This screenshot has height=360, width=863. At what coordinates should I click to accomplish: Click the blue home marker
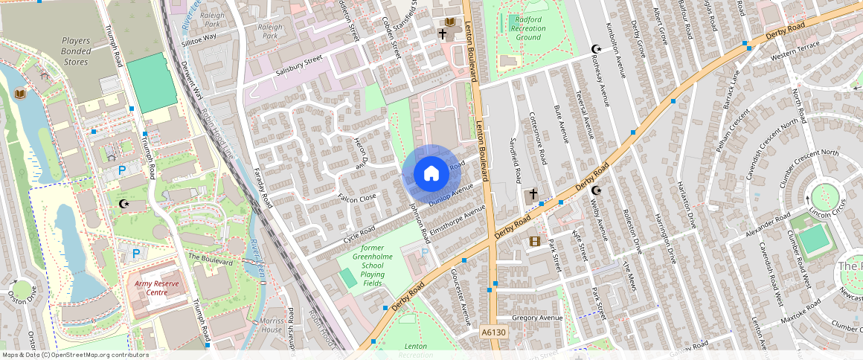[x=431, y=174]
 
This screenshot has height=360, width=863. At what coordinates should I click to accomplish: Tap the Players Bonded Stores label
[x=75, y=51]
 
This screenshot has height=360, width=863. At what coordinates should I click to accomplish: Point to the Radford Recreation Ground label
[x=527, y=28]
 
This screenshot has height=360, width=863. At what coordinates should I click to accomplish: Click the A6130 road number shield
[x=493, y=332]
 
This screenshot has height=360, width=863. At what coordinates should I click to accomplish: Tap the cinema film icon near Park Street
[x=534, y=240]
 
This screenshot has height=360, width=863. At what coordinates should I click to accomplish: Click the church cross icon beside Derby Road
[x=533, y=194]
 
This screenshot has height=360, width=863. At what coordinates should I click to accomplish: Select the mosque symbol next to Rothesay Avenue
[x=595, y=50]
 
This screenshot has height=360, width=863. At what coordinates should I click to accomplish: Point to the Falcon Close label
[x=357, y=198]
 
